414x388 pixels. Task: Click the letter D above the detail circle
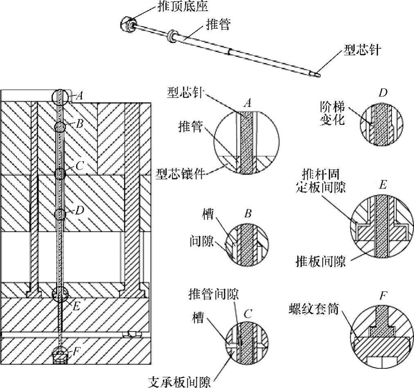(382, 93)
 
